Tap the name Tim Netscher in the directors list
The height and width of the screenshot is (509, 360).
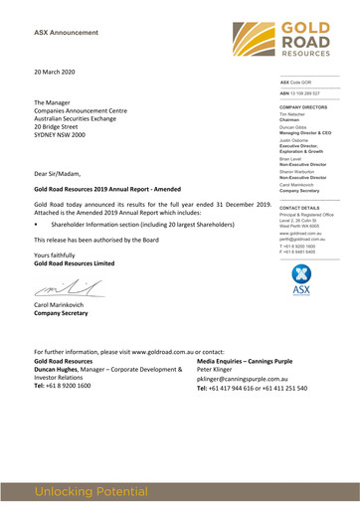(x=296, y=114)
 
